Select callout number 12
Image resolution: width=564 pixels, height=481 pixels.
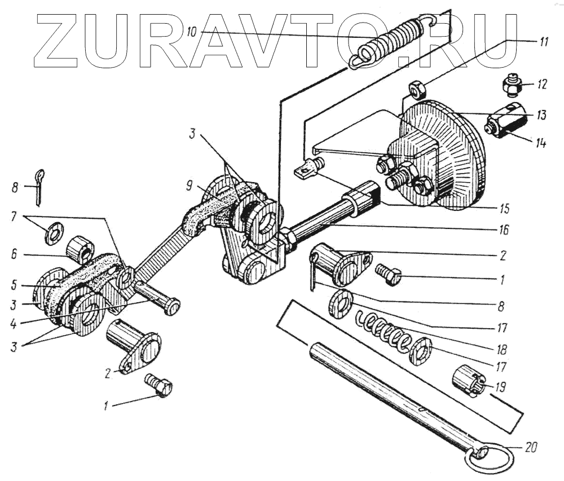pyautogui.click(x=541, y=86)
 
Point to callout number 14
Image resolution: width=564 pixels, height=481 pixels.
pyautogui.click(x=540, y=143)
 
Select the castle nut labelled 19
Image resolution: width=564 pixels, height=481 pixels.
pyautogui.click(x=468, y=381)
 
